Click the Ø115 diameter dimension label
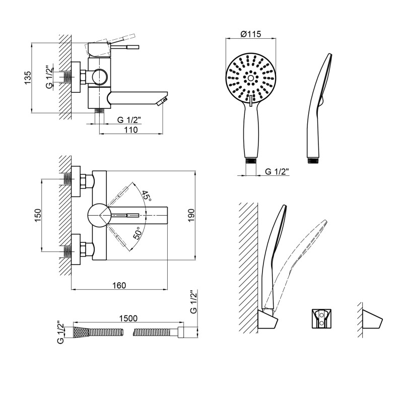tap(250, 34)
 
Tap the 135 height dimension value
tap(28, 77)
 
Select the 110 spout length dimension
tap(131, 130)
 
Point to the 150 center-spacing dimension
tap(38, 216)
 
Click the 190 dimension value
tap(191, 215)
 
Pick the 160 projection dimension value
tap(119, 285)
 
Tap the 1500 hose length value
tap(128, 318)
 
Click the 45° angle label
tap(146, 196)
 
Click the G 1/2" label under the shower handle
tap(277, 171)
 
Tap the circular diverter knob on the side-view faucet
tap(100, 77)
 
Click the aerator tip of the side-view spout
tap(162, 101)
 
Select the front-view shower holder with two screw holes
tap(321, 318)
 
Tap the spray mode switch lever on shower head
tap(250, 100)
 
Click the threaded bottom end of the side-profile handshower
tap(313, 159)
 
